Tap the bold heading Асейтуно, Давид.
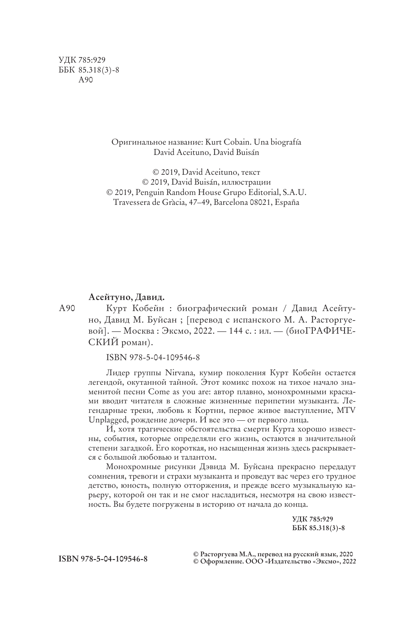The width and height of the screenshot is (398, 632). coord(126,297)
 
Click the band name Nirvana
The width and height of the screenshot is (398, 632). coord(176,373)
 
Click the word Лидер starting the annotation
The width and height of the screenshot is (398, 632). coord(118,373)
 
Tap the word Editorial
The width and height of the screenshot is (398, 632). coord(262,192)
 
